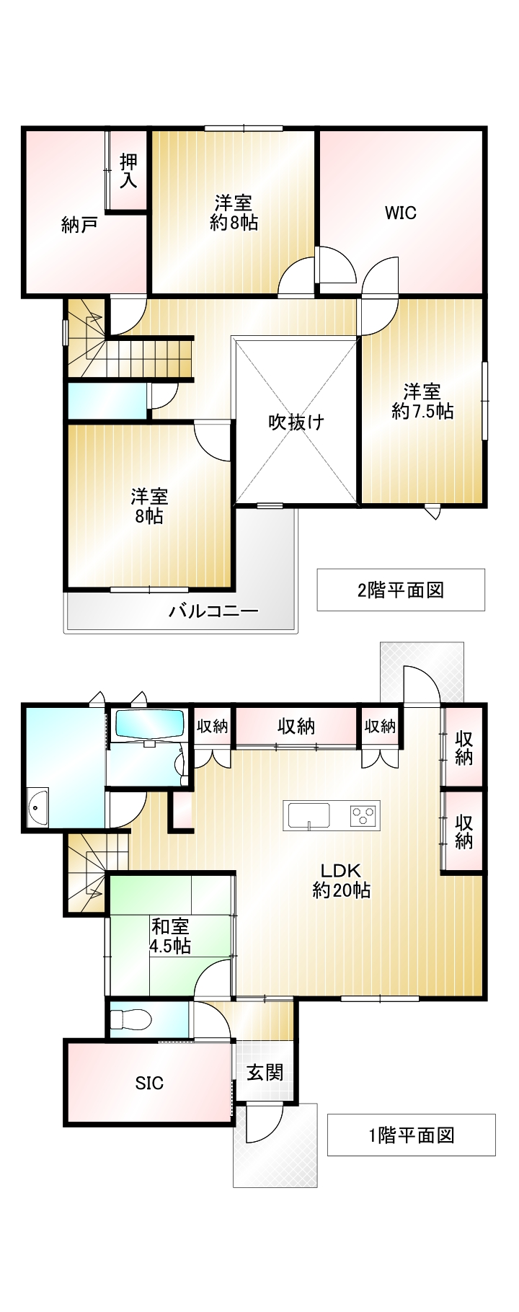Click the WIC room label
click(x=400, y=213)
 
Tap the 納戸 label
click(x=80, y=226)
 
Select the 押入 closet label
click(x=128, y=171)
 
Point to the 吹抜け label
click(x=296, y=422)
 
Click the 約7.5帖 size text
click(x=422, y=411)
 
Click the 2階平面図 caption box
click(x=401, y=590)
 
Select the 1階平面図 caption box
click(x=412, y=1135)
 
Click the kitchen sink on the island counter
click(x=309, y=815)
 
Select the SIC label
click(x=150, y=1083)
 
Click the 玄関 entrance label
click(x=265, y=1073)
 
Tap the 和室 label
click(x=171, y=926)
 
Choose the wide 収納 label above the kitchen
click(x=296, y=726)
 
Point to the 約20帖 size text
click(x=342, y=890)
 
